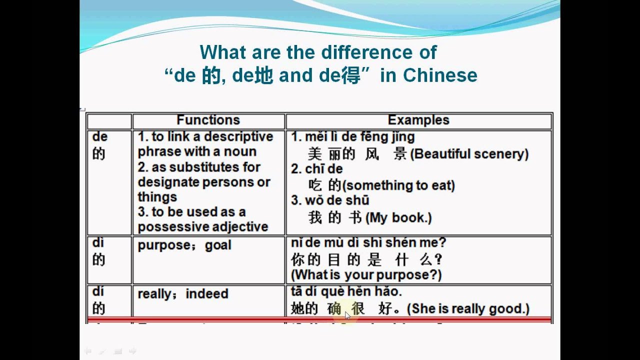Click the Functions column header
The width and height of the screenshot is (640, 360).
(208, 120)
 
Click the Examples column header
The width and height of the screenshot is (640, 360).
(418, 120)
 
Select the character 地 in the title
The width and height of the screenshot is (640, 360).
(264, 75)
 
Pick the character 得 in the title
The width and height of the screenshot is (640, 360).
(351, 75)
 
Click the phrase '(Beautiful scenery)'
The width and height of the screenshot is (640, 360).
(469, 154)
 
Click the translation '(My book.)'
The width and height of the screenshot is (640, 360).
(399, 217)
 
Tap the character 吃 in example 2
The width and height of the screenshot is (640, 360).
(315, 185)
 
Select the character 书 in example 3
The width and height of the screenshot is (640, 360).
(356, 217)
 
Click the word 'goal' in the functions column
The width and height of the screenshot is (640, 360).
(218, 245)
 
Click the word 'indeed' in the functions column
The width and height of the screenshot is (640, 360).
(206, 293)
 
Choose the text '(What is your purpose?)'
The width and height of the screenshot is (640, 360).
(366, 274)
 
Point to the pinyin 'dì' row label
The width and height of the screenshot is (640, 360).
(98, 242)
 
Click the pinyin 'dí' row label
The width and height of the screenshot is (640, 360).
(98, 291)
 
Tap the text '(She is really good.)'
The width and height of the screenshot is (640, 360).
(468, 309)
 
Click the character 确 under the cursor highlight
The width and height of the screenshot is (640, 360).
(334, 309)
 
